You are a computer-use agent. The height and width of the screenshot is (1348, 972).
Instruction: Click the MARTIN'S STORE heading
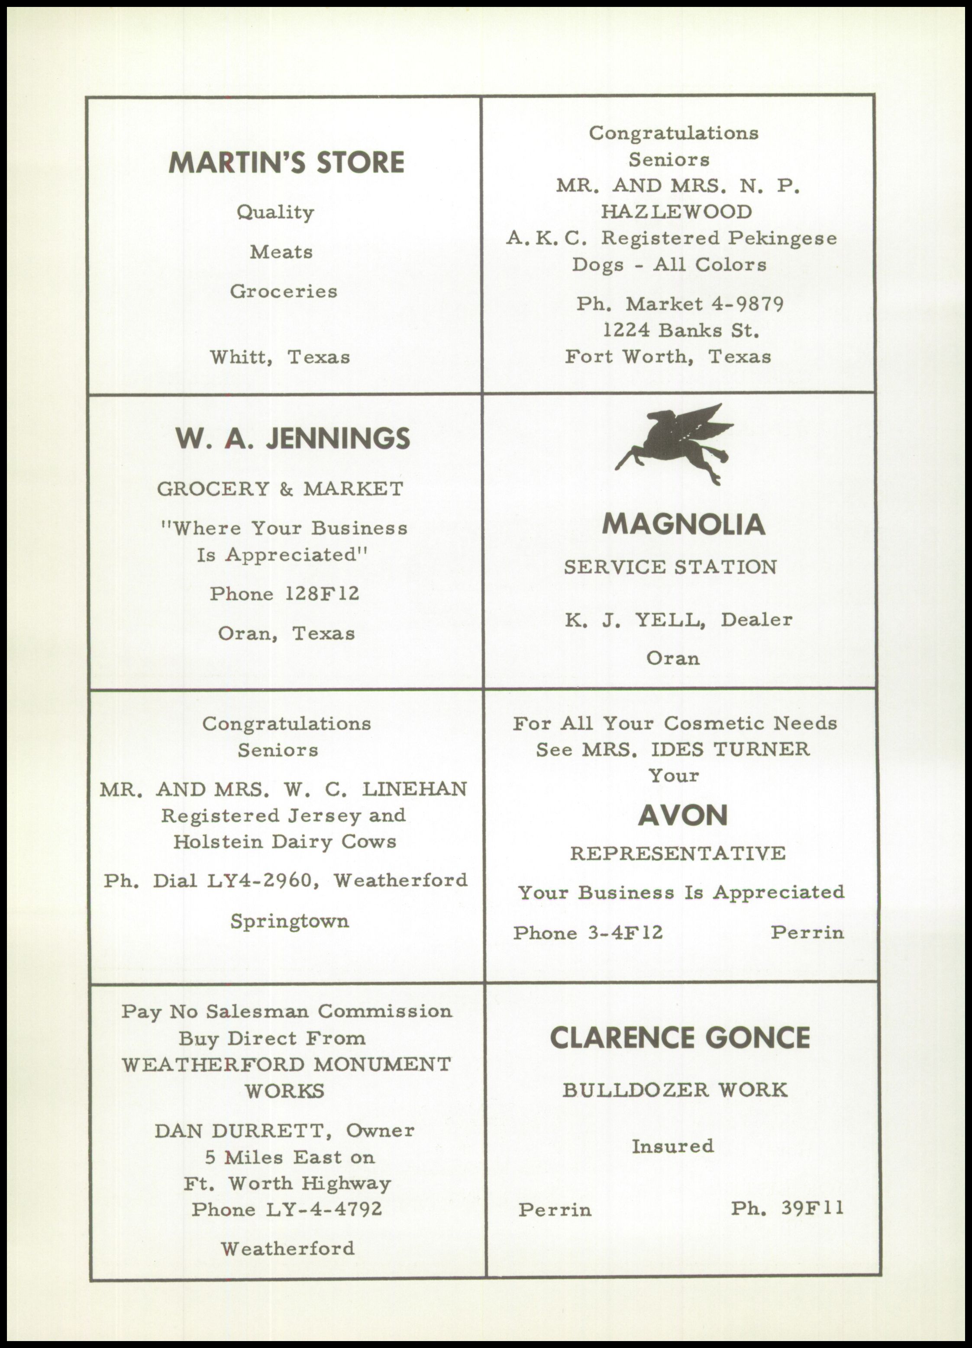pos(286,162)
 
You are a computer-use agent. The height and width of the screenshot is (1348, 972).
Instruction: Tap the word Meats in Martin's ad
pos(281,252)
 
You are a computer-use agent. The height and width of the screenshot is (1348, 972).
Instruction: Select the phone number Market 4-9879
pos(704,304)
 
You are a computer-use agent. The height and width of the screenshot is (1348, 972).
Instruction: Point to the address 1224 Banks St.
pos(681,330)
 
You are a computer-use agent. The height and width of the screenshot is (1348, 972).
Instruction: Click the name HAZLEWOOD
pos(676,212)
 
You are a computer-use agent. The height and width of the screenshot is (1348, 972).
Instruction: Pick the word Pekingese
pos(782,238)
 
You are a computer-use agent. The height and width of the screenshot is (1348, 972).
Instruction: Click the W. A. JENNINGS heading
pos(292,439)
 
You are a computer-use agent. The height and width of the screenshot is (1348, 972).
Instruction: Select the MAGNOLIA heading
pos(683,524)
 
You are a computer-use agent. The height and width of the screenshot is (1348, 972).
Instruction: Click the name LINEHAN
pos(415,789)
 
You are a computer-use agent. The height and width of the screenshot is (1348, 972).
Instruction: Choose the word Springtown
pos(289,921)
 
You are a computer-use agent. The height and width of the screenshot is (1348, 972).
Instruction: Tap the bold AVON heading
pos(683,815)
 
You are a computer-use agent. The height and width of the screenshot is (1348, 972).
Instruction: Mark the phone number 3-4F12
pos(625,933)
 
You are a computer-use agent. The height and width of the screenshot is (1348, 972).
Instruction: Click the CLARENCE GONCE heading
pos(680,1038)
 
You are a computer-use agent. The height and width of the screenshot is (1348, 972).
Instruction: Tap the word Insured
pos(672,1145)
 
